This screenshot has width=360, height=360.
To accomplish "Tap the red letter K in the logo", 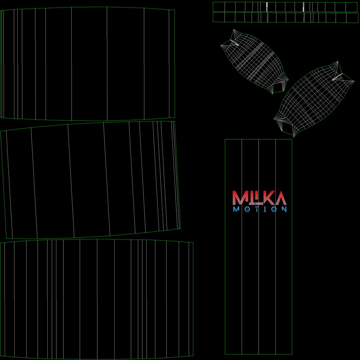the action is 269,198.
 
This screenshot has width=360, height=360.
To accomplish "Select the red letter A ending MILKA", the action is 281,198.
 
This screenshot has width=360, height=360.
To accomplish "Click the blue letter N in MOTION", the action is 284,209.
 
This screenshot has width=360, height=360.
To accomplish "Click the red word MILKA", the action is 259,198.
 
